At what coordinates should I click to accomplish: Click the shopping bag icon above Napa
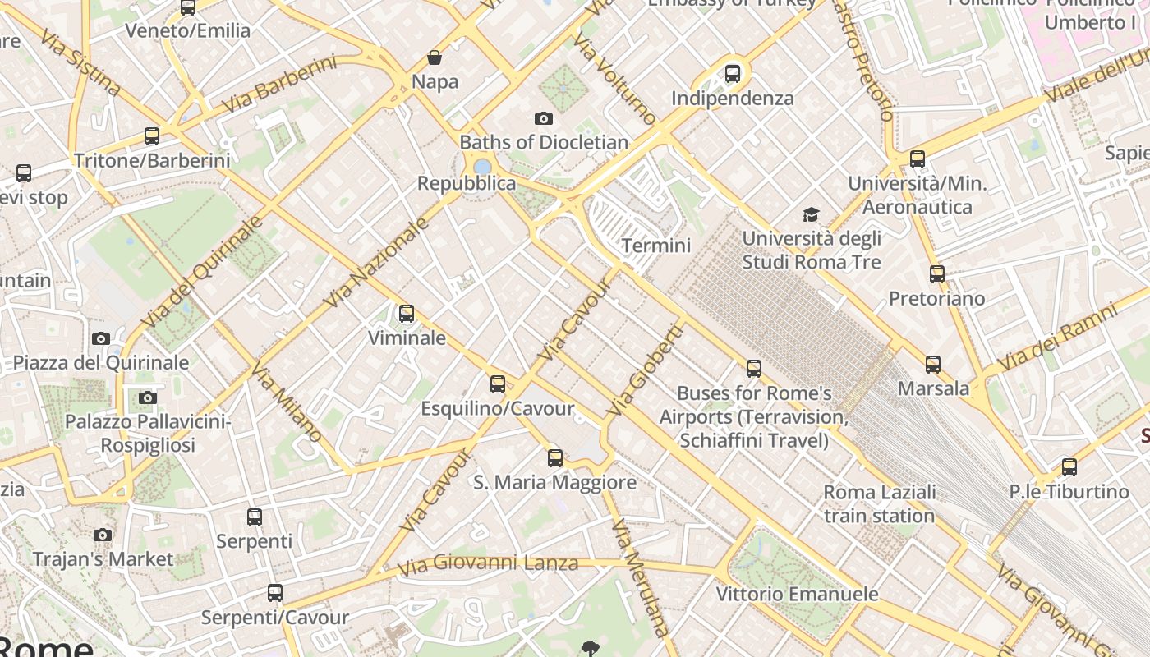pos(435,57)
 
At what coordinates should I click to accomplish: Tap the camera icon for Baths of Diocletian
pos(543,118)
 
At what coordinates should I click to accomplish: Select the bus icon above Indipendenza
pos(733,74)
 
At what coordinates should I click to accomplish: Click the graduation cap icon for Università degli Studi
pos(811,215)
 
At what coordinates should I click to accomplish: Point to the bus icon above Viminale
pos(407,314)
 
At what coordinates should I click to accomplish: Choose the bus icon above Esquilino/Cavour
pos(498,384)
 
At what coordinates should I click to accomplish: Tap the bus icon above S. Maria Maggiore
pos(555,457)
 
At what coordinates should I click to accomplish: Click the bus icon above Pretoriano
pos(937,274)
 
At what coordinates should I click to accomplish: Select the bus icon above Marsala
pos(933,364)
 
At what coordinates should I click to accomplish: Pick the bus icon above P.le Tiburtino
pos(1069,467)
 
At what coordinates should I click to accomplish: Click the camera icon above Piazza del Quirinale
pos(101,338)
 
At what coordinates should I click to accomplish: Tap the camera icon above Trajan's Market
pos(103,535)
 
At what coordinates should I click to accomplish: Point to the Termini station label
pos(656,246)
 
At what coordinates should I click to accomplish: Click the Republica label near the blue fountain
pos(467,183)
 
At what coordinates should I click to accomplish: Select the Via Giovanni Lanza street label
pos(488,564)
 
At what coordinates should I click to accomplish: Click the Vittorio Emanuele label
pos(797,594)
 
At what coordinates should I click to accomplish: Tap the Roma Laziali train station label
pos(879,504)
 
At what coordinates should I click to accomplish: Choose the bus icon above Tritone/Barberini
pos(152,136)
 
